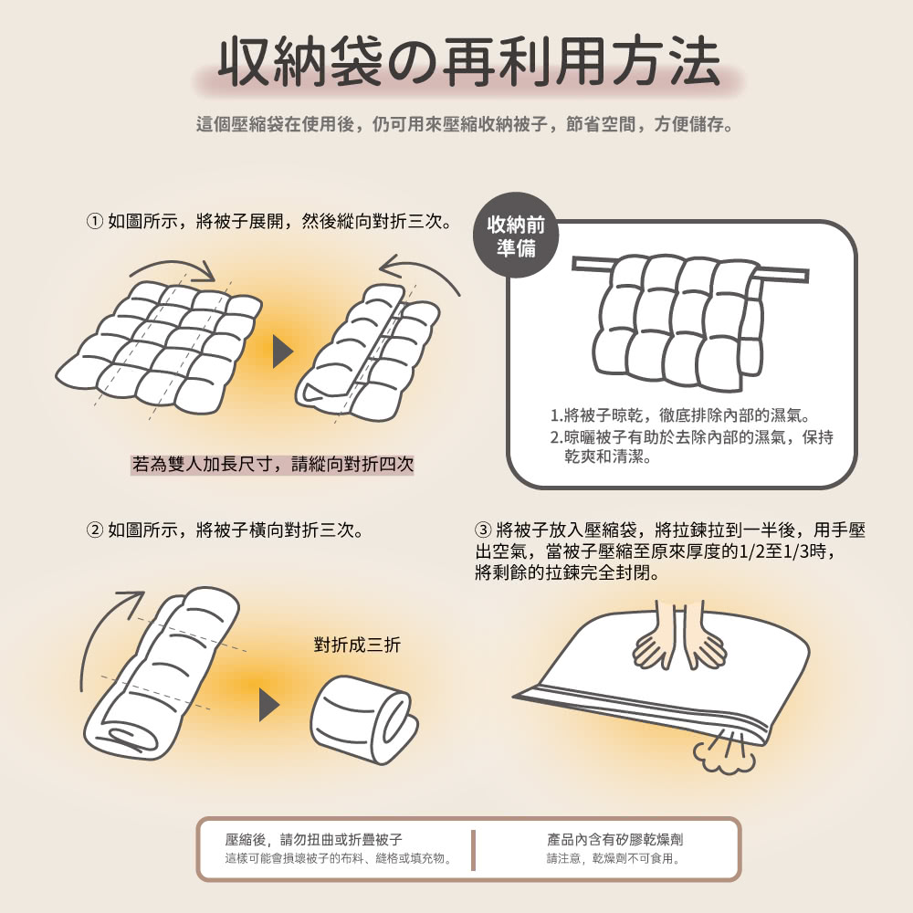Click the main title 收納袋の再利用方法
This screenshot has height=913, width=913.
469,62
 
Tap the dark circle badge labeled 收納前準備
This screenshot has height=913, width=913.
516,236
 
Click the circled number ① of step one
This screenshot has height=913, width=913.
94,221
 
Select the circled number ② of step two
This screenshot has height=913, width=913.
94,530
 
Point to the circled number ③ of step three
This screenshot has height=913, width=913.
483,530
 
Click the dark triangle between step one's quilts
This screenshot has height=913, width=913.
282,352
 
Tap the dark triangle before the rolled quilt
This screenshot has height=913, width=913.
269,705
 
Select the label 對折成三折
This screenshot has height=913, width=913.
357,645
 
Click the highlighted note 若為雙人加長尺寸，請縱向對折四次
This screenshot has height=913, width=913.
272,464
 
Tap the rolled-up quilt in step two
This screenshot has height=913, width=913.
364,719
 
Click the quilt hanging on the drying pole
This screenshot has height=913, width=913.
678,322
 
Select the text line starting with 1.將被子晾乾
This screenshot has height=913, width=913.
680,415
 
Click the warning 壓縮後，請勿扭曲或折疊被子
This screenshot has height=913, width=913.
313,839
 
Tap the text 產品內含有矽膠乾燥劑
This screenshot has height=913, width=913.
614,839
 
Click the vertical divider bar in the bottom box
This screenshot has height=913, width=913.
473,850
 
